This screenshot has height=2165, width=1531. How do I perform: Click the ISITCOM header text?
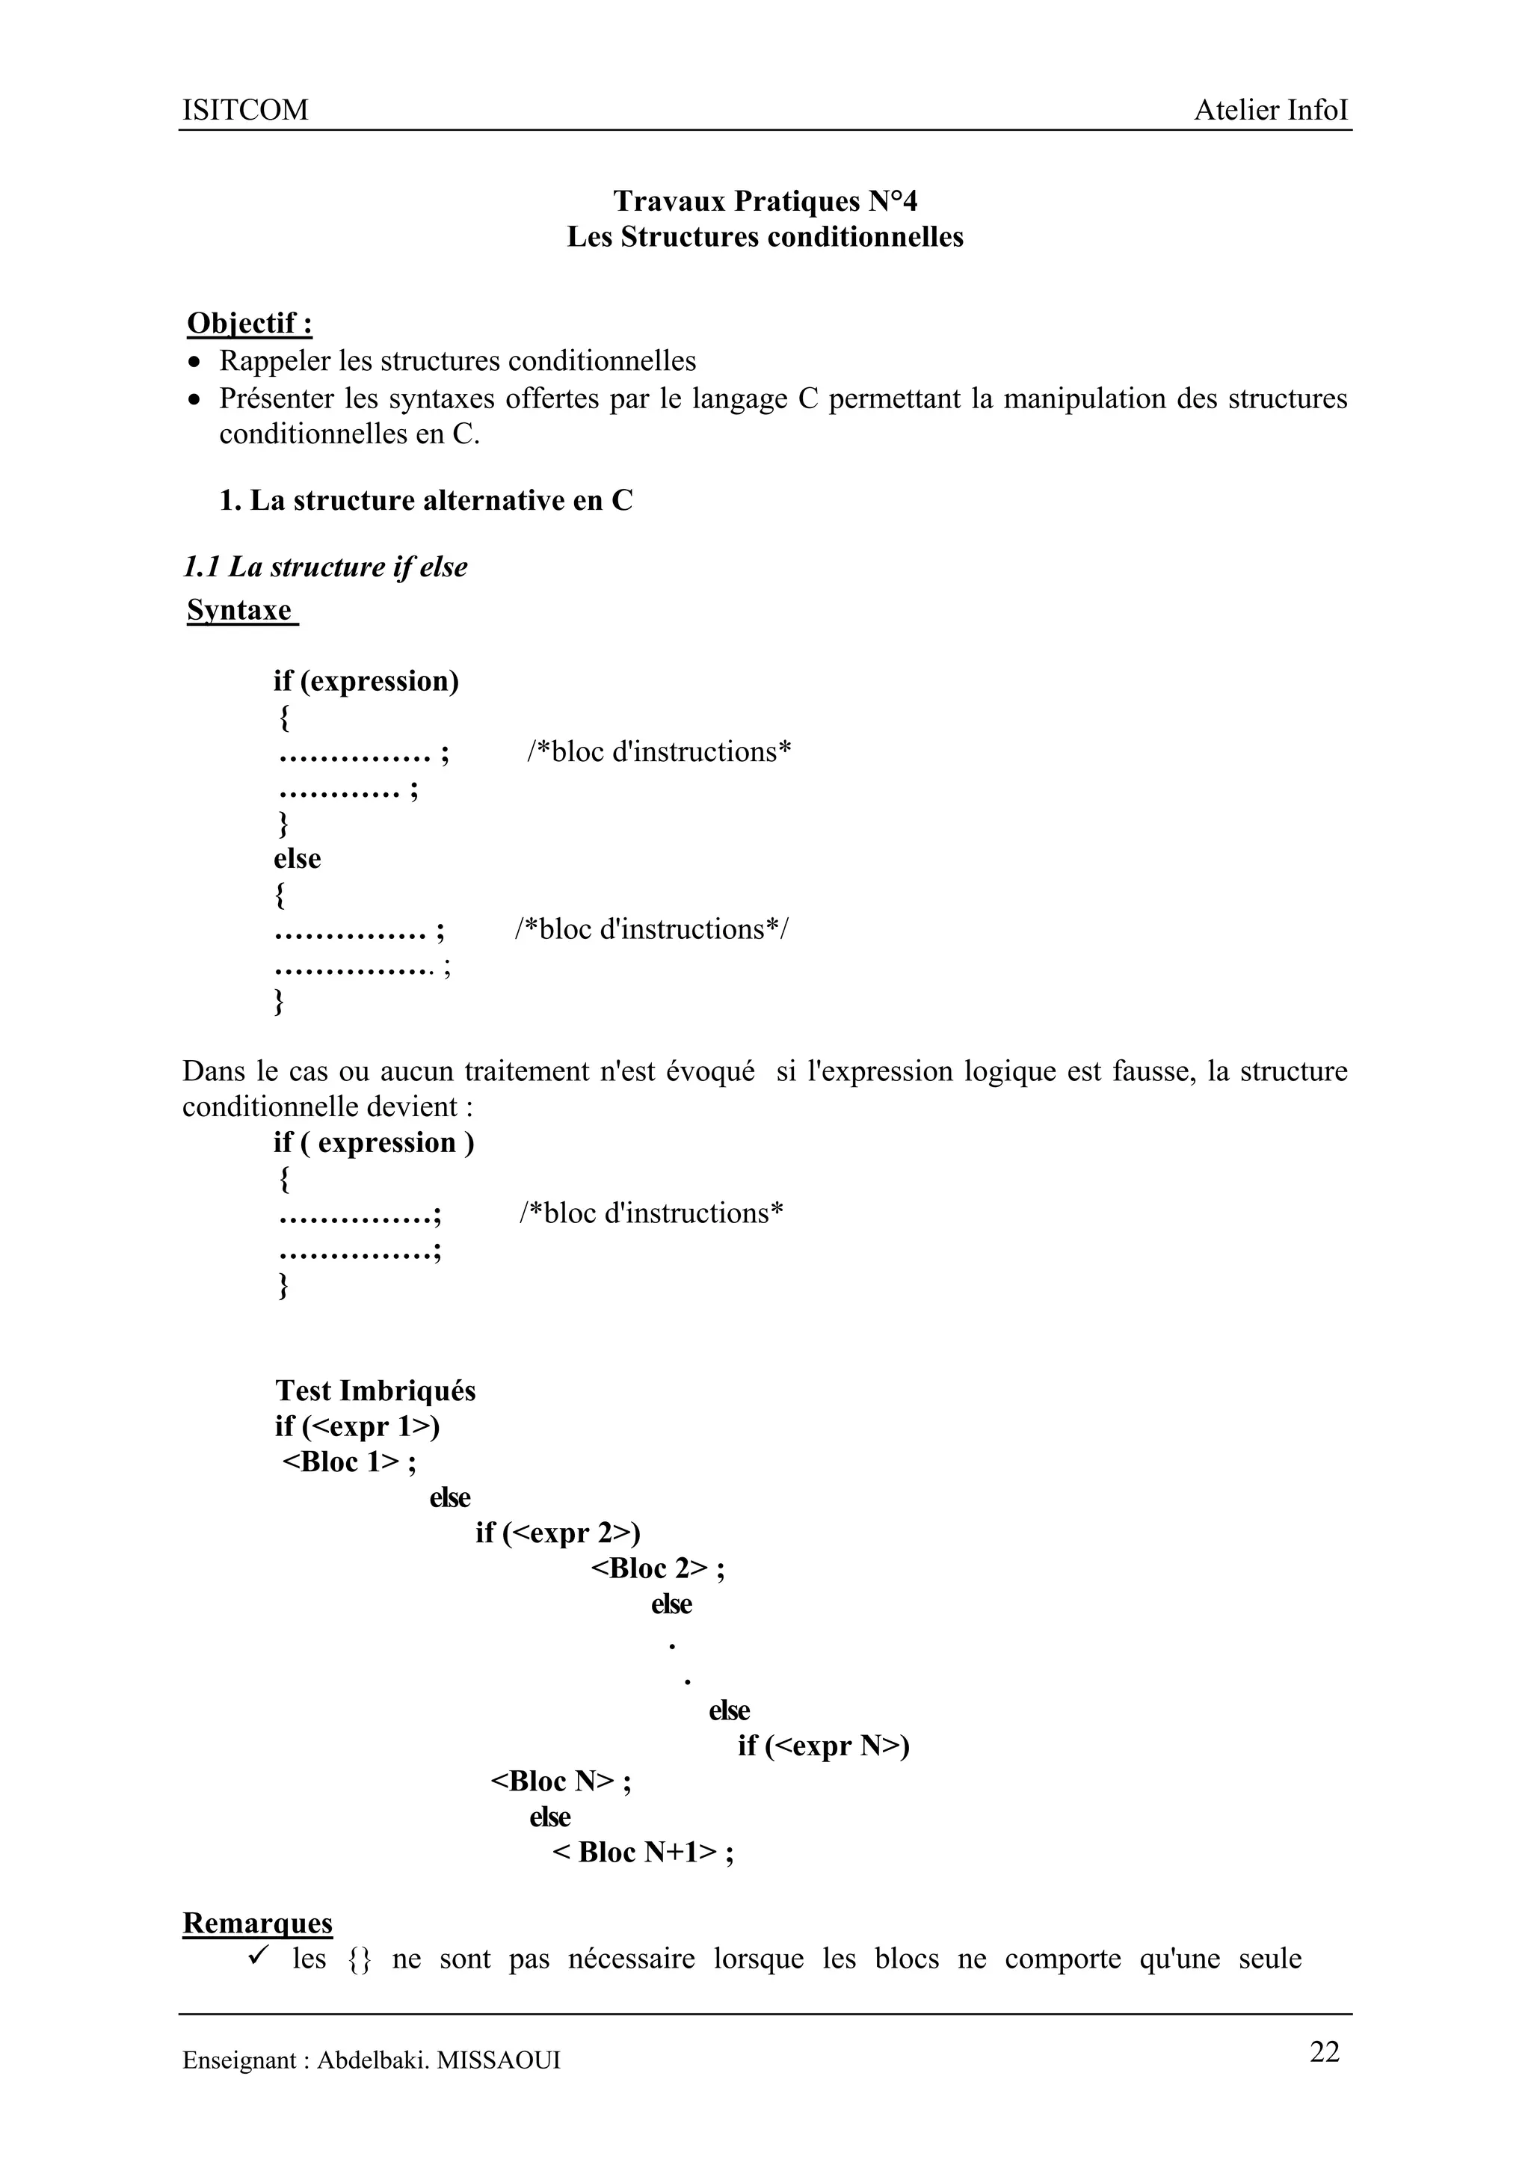pyautogui.click(x=245, y=111)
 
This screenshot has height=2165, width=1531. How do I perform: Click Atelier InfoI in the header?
pyautogui.click(x=1270, y=111)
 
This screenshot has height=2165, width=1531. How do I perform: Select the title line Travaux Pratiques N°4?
pyautogui.click(x=765, y=201)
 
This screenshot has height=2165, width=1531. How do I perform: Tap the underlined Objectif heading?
pyautogui.click(x=250, y=324)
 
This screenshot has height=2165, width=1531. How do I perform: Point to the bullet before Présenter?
pyautogui.click(x=194, y=400)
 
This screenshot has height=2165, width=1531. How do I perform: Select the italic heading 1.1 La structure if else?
pyautogui.click(x=325, y=567)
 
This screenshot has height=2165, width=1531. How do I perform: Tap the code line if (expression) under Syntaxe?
pyautogui.click(x=366, y=681)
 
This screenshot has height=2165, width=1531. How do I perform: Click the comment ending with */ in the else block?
pyautogui.click(x=653, y=930)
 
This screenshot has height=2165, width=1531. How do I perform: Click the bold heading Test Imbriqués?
pyautogui.click(x=375, y=1391)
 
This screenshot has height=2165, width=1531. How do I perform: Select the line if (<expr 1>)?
pyautogui.click(x=357, y=1426)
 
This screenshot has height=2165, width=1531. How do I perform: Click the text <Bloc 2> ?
pyautogui.click(x=657, y=1568)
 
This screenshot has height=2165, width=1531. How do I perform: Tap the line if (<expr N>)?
pyautogui.click(x=823, y=1746)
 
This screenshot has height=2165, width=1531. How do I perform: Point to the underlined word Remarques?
pyautogui.click(x=257, y=1924)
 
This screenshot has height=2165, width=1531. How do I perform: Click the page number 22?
pyautogui.click(x=1324, y=2053)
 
